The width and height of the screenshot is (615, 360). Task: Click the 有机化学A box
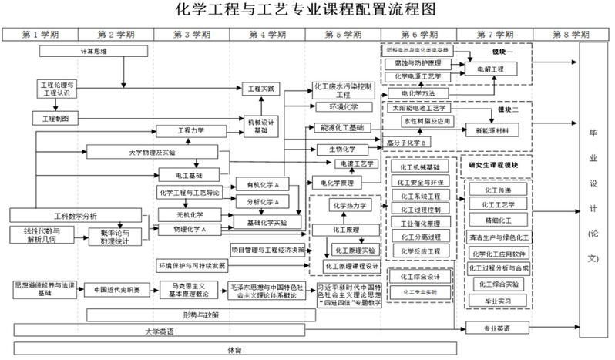262,185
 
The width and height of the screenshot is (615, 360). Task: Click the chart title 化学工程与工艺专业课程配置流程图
306,10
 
